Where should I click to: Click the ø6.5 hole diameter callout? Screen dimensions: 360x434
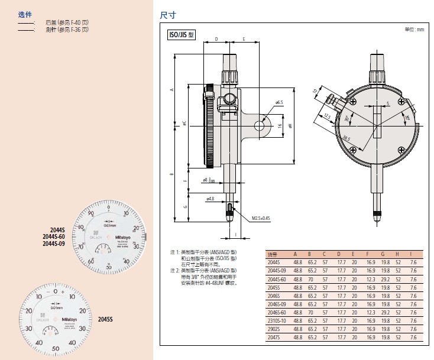click(x=279, y=102)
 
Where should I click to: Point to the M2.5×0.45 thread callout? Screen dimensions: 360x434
click(x=260, y=218)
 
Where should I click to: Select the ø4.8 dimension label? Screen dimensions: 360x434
click(x=209, y=199)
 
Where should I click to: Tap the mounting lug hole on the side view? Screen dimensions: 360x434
click(x=260, y=125)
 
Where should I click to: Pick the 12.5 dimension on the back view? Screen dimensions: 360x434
click(x=328, y=116)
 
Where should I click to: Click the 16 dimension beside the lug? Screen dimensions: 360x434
click(x=280, y=126)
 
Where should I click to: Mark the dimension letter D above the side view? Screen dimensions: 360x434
click(x=216, y=39)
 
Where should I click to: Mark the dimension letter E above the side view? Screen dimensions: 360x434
click(x=244, y=39)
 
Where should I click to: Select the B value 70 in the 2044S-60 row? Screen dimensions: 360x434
click(x=309, y=278)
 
